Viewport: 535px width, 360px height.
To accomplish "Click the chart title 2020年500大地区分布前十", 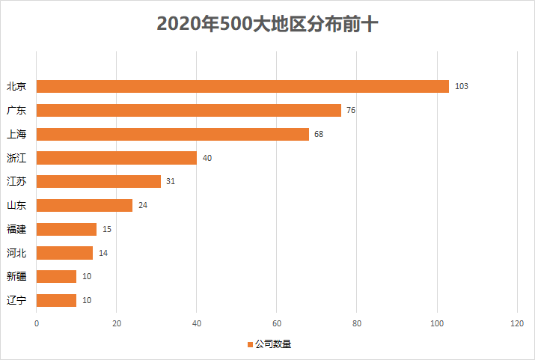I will pyautogui.click(x=267, y=24).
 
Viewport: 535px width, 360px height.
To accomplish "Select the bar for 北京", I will pyautogui.click(x=242, y=86).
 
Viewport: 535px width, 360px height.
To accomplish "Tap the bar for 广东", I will pyautogui.click(x=189, y=110).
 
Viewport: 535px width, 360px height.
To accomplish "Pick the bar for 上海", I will pyautogui.click(x=172, y=134).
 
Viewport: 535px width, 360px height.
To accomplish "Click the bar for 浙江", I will pyautogui.click(x=117, y=158).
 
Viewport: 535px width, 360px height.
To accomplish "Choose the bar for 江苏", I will pyautogui.click(x=99, y=181).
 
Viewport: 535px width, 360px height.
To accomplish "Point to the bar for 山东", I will pyautogui.click(x=85, y=205).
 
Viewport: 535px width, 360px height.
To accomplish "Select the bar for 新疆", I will pyautogui.click(x=57, y=277).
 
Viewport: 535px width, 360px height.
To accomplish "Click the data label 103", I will pyautogui.click(x=461, y=87).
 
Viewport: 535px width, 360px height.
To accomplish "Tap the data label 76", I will pyautogui.click(x=351, y=111).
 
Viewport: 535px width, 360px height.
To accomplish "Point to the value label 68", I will pyautogui.click(x=319, y=135).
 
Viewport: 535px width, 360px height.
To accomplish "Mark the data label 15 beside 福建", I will pyautogui.click(x=107, y=229).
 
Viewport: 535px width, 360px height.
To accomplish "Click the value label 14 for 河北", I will pyautogui.click(x=103, y=253).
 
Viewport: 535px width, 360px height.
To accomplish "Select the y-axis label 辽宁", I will pyautogui.click(x=16, y=300).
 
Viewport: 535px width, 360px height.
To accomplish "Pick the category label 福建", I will pyautogui.click(x=16, y=229).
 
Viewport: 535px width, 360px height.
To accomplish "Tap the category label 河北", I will pyautogui.click(x=16, y=253).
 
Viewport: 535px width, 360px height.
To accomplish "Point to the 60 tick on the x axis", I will pyautogui.click(x=277, y=323).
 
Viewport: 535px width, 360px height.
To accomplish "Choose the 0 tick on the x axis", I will pyautogui.click(x=37, y=323).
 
